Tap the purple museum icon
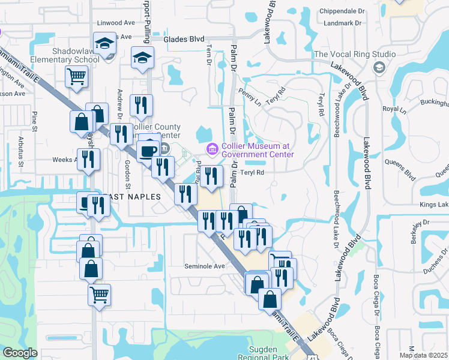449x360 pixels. point(211,148)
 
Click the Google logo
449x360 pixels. point(19,353)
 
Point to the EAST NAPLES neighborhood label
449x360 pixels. point(131,197)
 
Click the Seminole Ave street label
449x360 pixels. point(204,266)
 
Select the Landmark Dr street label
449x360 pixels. point(342,23)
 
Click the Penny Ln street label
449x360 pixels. point(250,98)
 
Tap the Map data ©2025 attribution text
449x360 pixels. point(424,355)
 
